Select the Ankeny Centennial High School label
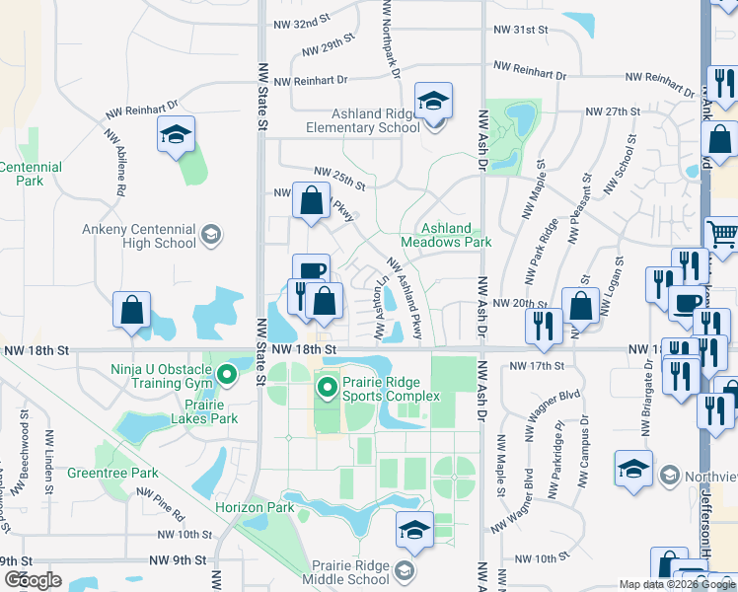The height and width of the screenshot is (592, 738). point(139,236)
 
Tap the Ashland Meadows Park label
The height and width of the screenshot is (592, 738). point(446,235)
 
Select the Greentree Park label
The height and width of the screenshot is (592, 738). point(100,473)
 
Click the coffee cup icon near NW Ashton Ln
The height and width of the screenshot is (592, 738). point(311,271)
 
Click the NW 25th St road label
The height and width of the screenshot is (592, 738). point(338,178)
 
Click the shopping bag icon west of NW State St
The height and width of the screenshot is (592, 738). point(131,311)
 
